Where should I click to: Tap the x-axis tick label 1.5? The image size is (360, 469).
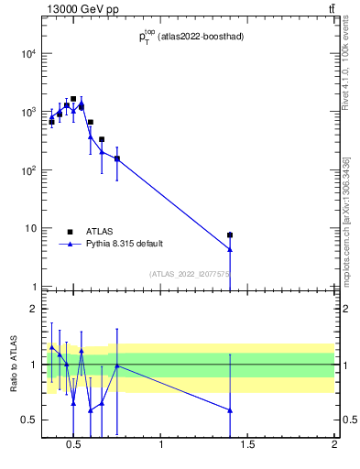tap(247, 446)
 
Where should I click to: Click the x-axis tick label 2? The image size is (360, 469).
tap(334, 446)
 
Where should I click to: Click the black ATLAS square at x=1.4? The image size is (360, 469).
tap(230, 235)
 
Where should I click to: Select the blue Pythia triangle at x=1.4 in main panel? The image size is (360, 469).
tap(230, 248)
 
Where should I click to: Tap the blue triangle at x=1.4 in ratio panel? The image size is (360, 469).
tap(230, 409)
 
